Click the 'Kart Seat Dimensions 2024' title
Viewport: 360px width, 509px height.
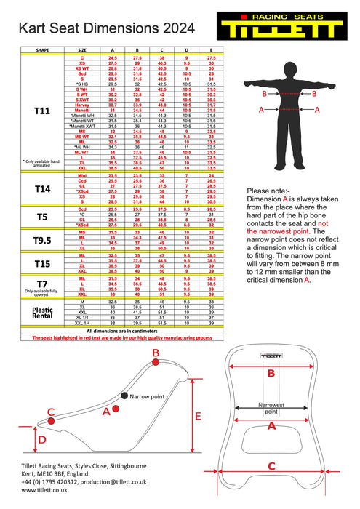(107, 28)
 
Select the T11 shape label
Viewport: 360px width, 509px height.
(42, 111)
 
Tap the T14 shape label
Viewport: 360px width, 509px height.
(42, 189)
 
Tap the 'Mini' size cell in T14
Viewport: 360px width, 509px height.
(82, 175)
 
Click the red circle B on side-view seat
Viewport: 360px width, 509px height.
(156, 354)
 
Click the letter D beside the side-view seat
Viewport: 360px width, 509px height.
(41, 440)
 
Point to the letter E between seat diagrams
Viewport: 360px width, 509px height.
(198, 416)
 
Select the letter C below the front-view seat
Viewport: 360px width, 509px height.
(271, 466)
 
